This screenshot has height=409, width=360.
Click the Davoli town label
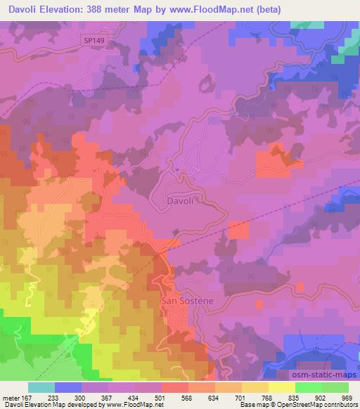pos(180,200)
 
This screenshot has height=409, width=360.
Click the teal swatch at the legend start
pos(41,387)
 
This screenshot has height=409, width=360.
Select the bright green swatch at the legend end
pos(335,387)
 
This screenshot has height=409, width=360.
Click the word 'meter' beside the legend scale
pos(11,397)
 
